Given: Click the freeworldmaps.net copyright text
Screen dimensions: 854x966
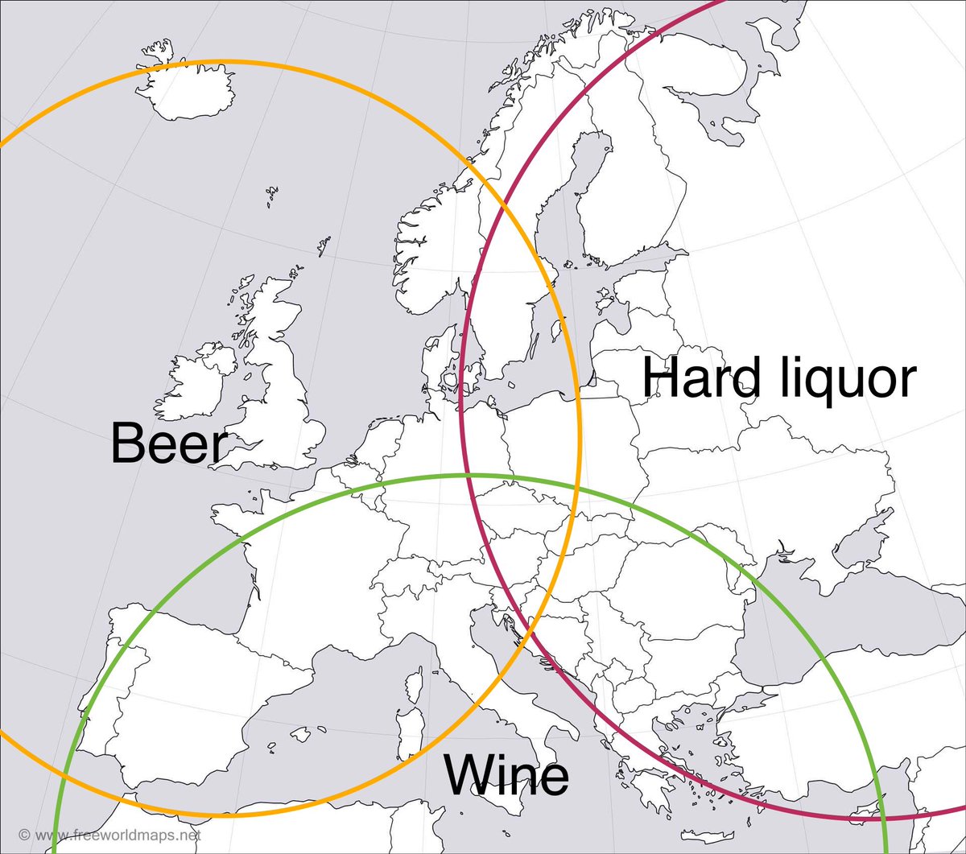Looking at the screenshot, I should pos(109,835).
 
